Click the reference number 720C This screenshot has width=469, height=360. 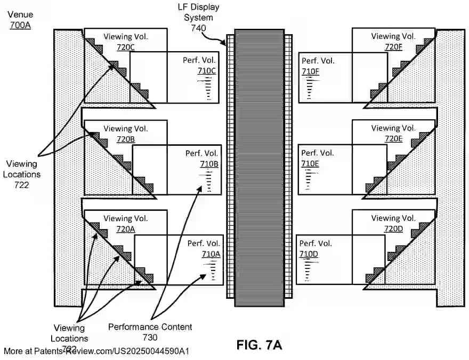pos(126,47)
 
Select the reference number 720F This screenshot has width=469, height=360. pos(393,47)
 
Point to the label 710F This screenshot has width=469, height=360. pos(311,71)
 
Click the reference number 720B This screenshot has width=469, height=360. pos(126,139)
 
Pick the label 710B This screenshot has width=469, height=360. pos(208,163)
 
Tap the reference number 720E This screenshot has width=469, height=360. pos(393,139)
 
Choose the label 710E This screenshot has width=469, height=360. pos(310,163)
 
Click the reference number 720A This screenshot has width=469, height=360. pos(126,229)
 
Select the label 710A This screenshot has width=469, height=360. pos(211,254)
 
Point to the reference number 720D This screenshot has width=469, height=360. pos(393,229)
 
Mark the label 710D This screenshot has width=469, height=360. pos(309,254)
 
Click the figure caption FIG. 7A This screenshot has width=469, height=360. pos(259,345)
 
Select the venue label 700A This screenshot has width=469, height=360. pos(20,24)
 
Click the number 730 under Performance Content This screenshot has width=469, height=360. pos(150,337)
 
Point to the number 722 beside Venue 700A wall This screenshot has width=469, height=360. pos(22,185)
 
